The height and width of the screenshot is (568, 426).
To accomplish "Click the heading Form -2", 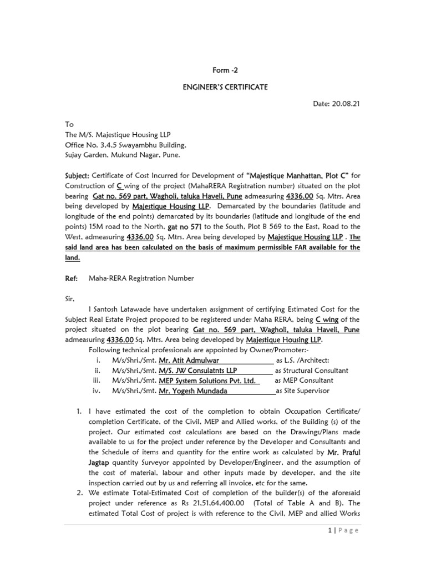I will coord(213,70).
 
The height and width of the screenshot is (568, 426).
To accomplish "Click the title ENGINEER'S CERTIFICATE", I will coord(213,87).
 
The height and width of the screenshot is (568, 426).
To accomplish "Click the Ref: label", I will coord(72,278).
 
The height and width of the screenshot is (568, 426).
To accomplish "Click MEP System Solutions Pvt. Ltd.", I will coord(207,381).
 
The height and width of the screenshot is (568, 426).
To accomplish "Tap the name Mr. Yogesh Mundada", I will coord(193,390).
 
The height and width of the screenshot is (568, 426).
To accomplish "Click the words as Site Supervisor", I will coord(303,390).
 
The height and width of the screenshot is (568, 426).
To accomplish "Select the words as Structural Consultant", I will coord(312,371).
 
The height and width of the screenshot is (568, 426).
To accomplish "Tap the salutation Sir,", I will coord(69,299).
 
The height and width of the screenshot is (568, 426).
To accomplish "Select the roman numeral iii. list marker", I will coord(98,381).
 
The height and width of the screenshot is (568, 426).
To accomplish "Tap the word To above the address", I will coord(69,125).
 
